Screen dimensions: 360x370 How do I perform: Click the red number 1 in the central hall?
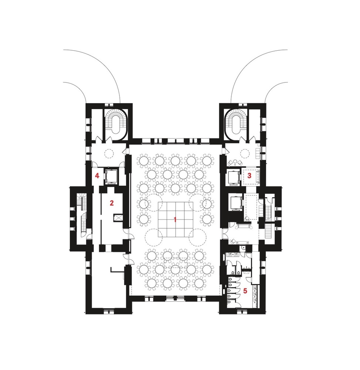[x=175, y=220]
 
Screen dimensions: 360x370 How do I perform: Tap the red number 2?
[x=112, y=203]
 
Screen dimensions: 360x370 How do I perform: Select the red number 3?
[x=249, y=175]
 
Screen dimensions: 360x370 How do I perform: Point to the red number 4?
[x=97, y=175]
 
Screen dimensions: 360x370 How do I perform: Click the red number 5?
[x=245, y=291]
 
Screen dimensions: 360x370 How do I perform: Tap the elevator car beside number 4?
[x=111, y=176]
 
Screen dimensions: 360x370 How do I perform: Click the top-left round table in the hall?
[x=144, y=161]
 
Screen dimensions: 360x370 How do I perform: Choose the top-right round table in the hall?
[x=207, y=161]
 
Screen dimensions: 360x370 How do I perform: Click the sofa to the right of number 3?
[x=258, y=176]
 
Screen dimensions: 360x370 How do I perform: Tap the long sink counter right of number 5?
[x=255, y=296]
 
